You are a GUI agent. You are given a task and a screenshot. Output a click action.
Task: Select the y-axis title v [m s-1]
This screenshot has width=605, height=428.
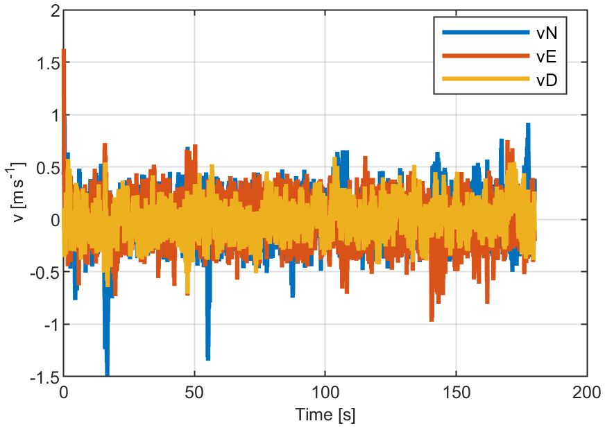17,194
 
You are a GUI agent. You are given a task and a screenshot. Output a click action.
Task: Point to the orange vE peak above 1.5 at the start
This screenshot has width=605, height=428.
64,51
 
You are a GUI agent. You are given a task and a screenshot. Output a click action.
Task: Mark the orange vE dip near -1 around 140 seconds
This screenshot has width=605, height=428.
432,319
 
